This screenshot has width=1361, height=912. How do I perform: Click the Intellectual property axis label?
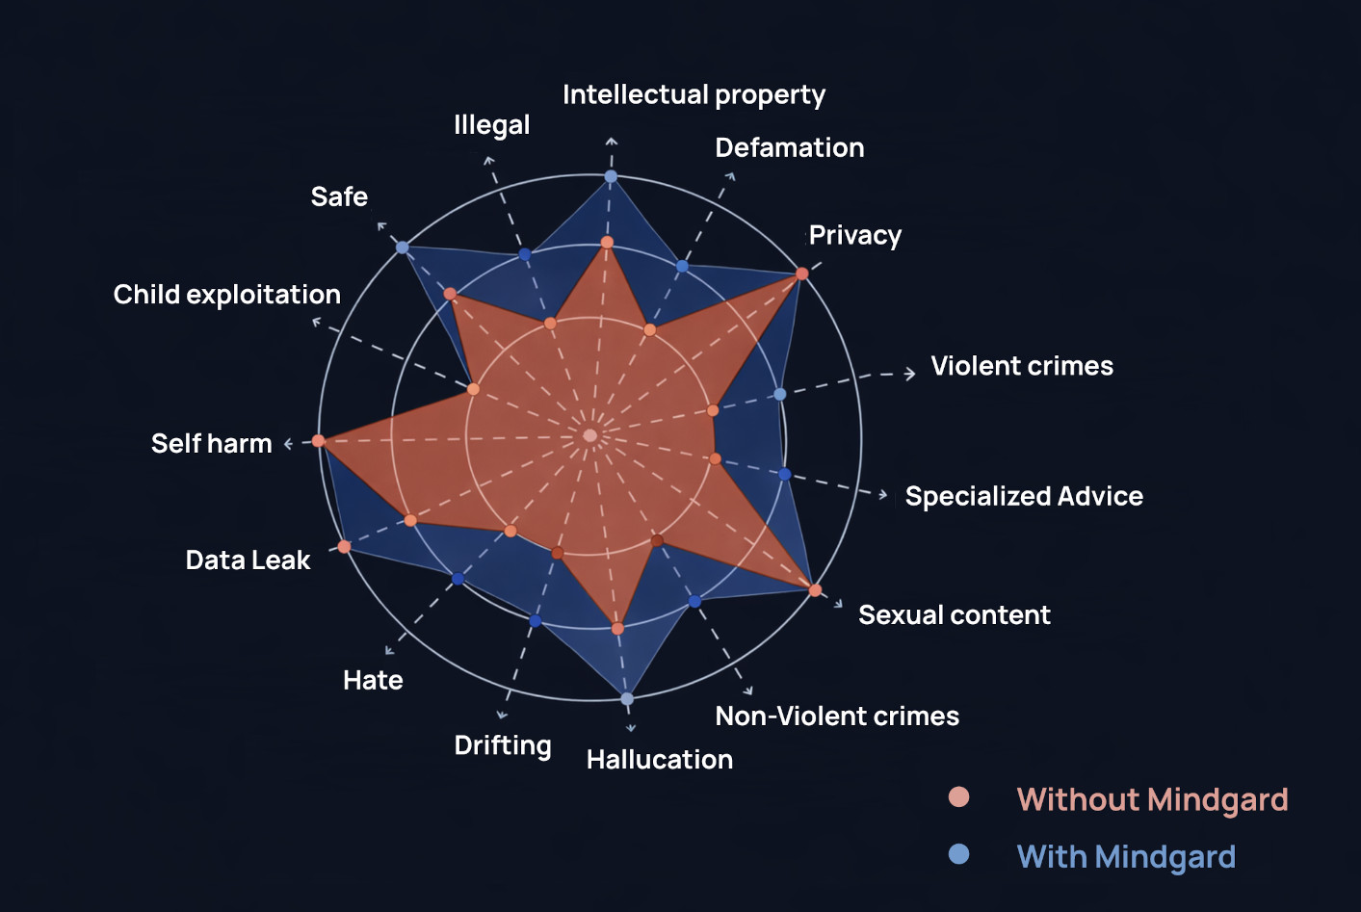coord(694,95)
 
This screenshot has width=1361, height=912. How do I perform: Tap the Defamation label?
coord(789,147)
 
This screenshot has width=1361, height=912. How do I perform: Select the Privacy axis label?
coord(855,235)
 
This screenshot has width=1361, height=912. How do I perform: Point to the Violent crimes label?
coord(1021,366)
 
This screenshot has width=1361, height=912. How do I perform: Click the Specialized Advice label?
coord(1024,496)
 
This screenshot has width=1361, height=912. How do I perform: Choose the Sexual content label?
coord(954,614)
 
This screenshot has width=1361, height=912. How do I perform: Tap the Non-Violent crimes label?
coord(836,716)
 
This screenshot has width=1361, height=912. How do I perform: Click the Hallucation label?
coord(659,759)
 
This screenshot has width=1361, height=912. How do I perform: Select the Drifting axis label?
coord(503,745)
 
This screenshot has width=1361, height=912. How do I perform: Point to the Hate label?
coord(373,680)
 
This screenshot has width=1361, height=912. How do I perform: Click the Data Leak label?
coord(248,560)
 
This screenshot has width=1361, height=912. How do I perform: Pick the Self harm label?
coord(211,443)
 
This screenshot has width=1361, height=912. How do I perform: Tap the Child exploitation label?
coord(226,294)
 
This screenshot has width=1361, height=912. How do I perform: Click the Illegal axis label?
coord(491,125)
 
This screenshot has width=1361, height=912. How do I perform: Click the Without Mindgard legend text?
coord(1152,799)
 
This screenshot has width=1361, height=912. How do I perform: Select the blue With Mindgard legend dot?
coord(958,854)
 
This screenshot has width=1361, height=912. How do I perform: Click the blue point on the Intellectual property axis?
coord(611,176)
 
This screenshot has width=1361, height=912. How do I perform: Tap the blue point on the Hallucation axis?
coord(627,698)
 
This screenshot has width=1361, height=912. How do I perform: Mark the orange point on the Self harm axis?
coord(319,441)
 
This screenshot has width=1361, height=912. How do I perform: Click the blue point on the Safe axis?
coord(403,248)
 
